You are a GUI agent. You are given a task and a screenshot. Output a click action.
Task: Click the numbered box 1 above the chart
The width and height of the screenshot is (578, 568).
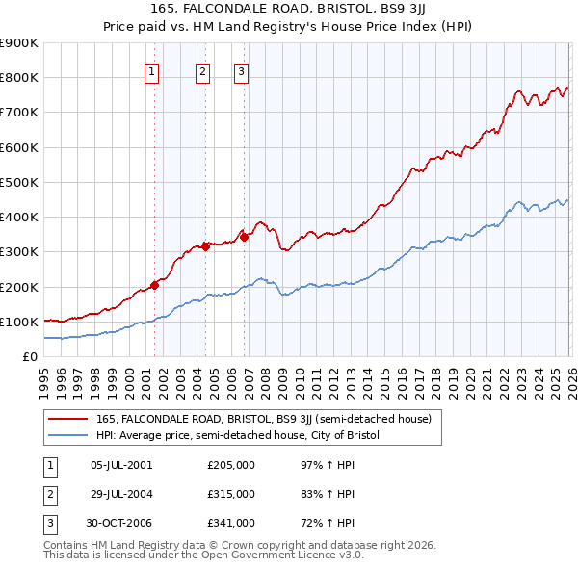[153, 69]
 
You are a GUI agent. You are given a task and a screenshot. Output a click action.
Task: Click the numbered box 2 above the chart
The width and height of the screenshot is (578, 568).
[203, 69]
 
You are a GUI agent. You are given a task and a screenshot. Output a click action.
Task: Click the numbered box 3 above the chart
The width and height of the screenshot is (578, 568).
[241, 69]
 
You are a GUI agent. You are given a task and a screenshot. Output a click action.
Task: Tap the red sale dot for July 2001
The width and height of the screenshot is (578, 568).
[154, 285]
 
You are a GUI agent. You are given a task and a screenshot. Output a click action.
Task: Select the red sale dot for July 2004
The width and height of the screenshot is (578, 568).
[205, 246]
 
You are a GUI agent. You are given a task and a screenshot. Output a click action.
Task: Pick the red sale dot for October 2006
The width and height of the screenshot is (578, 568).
[245, 237]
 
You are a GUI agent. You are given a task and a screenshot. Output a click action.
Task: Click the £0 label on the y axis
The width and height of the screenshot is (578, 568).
[29, 356]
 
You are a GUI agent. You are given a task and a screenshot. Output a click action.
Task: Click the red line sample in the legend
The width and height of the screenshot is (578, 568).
[68, 419]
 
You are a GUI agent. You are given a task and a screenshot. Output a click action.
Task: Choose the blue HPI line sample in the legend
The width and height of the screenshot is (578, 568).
[68, 435]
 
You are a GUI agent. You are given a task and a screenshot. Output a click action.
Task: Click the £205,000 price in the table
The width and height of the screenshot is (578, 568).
[230, 465]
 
